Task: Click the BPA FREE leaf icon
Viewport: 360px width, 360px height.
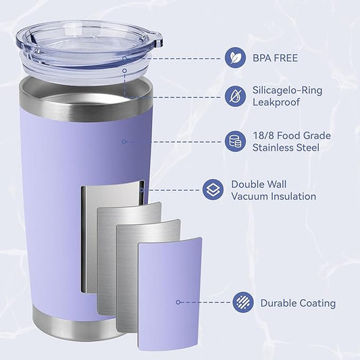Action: click(x=236, y=57)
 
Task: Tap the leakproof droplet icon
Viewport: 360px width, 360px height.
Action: click(x=236, y=96)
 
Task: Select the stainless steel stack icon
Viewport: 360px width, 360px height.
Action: click(x=236, y=140)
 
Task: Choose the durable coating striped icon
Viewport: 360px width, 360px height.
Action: click(x=243, y=303)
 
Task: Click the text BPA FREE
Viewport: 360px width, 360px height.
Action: click(x=275, y=58)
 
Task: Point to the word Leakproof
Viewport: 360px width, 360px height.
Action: click(x=276, y=102)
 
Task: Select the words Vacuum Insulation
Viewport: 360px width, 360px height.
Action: click(x=274, y=196)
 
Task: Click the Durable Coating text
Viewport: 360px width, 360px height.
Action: click(x=298, y=303)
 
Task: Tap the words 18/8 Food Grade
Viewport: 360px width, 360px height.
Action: click(x=290, y=135)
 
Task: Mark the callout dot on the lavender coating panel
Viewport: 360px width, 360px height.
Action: click(x=178, y=303)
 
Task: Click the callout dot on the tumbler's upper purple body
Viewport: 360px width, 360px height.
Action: click(x=124, y=141)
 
